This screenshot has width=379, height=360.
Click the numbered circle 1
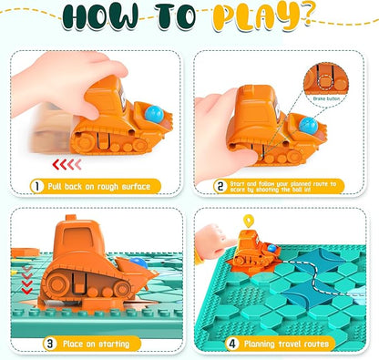click(x=37, y=186)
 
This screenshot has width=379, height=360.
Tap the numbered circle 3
click(x=37, y=345)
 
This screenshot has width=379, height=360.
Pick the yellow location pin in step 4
click(x=248, y=221)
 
